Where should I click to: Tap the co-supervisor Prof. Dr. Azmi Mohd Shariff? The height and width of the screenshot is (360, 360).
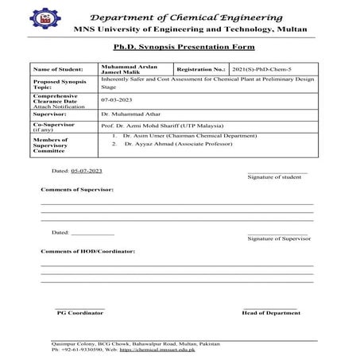[x=163, y=127]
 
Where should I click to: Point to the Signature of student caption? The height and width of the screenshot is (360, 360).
[x=274, y=176]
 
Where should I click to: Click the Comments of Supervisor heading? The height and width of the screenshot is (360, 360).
[x=77, y=190]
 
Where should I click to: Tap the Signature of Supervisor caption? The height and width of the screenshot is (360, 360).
[x=278, y=238]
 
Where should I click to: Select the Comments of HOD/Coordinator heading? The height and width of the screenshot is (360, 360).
[x=87, y=250]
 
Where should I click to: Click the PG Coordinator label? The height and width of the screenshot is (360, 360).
[x=79, y=313]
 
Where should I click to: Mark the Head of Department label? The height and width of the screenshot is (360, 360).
[x=271, y=313]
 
